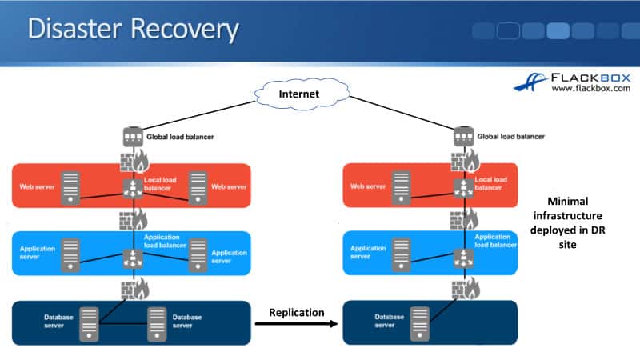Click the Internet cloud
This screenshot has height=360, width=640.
coord(298,94)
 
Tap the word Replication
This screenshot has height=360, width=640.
coord(297,311)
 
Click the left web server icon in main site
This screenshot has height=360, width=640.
coord(72,187)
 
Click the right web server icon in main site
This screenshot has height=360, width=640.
coord(196,187)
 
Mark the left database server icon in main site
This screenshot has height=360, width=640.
coord(90,322)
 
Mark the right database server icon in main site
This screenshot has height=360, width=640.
coord(158,322)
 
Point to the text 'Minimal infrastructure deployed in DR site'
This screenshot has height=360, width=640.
coord(566,223)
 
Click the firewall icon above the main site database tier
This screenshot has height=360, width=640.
coord(132,288)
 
